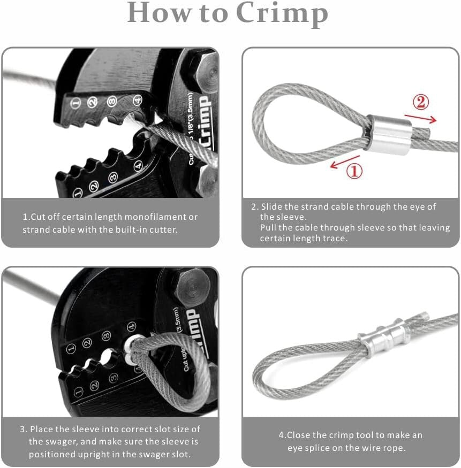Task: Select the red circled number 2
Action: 421,102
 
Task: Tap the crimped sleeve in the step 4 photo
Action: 384,336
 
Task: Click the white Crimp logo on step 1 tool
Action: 203,126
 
